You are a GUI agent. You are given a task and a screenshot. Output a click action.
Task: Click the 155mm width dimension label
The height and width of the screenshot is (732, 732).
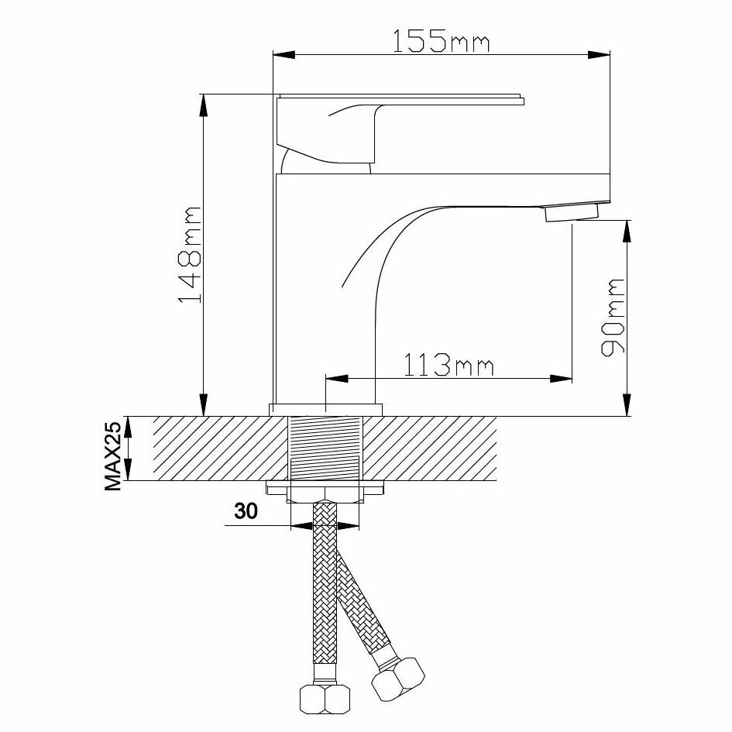(440, 41)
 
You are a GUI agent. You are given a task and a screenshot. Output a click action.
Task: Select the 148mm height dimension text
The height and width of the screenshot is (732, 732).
(190, 254)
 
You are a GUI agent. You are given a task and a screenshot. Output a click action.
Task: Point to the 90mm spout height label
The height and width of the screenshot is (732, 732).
(612, 317)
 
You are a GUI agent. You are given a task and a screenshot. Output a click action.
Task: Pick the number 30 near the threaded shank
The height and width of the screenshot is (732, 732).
(246, 512)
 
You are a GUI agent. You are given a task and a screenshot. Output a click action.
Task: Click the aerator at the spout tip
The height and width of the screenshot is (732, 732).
(572, 211)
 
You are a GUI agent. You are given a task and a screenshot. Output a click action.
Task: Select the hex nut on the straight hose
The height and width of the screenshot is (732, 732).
(325, 699)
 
